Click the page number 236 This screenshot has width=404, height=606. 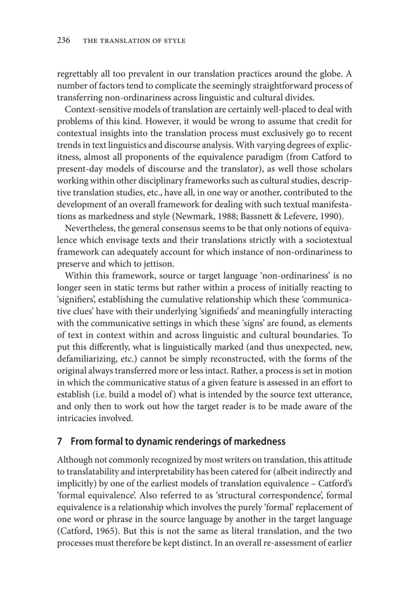pyautogui.click(x=63, y=41)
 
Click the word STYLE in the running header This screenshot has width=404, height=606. pyautogui.click(x=172, y=41)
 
